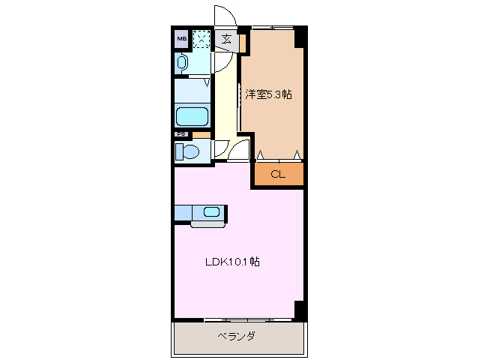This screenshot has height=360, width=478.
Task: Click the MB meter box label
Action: tap(182, 37)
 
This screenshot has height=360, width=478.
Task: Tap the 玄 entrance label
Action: tap(226, 40)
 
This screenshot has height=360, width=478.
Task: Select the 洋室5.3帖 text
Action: tap(269, 94)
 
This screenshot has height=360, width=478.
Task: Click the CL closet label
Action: tap(278, 175)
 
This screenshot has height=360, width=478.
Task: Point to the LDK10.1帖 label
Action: tap(233, 262)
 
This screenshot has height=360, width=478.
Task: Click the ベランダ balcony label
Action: tap(237, 336)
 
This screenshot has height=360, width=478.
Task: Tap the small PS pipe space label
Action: tap(180, 135)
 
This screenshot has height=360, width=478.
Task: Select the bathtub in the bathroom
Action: tap(192, 117)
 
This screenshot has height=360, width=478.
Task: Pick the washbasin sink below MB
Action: tap(183, 64)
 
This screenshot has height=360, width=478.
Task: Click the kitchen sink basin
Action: tap(211, 211)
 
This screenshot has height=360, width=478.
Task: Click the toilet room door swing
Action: tap(223, 148)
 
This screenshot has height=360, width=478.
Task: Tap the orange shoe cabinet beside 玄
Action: tap(243, 43)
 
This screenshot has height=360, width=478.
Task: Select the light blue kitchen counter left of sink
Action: tap(185, 212)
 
